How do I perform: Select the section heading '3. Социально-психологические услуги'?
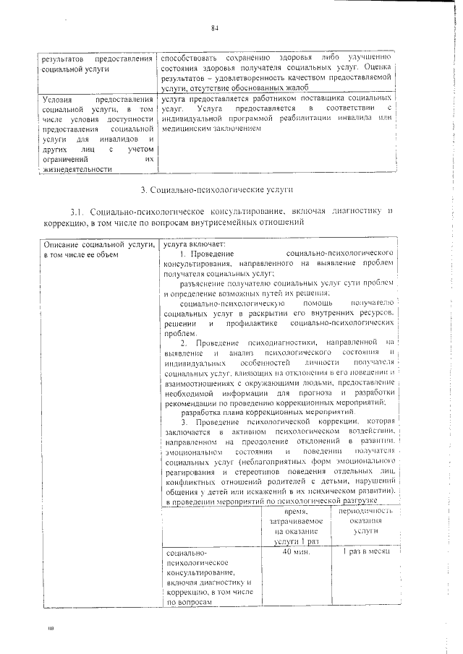click(x=216, y=189)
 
